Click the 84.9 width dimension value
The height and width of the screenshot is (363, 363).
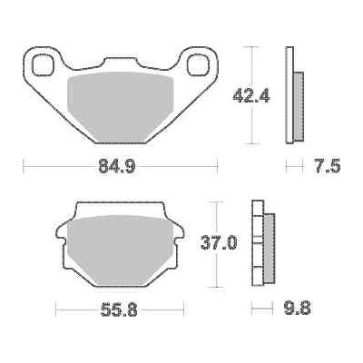(117, 166)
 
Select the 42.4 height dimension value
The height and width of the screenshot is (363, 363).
(250, 96)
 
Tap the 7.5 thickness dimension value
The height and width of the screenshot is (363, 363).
(327, 166)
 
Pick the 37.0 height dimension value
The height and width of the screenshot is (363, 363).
(219, 243)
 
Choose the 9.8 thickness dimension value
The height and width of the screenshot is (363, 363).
(298, 308)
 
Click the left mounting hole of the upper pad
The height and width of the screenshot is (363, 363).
(43, 64)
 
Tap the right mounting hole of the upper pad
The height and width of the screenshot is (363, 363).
(198, 64)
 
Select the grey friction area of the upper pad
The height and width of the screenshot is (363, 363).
(121, 106)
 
